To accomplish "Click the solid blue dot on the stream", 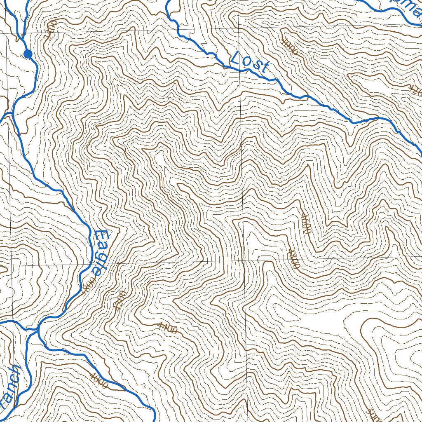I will tap(28, 54).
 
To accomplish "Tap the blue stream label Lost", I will tap(250, 62).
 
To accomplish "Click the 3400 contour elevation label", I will tap(50, 29).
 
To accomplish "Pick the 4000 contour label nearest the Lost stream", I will tap(290, 47).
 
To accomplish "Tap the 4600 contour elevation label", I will tap(305, 223).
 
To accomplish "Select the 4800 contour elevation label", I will tap(293, 259).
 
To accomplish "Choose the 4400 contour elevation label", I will tap(167, 328).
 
